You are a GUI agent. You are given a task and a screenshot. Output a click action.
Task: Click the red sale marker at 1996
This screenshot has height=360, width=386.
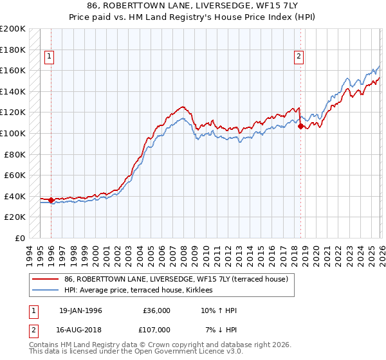pos(51,200)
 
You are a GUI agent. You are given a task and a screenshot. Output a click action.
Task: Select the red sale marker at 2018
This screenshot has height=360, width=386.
pos(300,127)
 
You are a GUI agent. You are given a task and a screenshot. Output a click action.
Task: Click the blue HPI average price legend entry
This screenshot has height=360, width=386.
pos(143,291)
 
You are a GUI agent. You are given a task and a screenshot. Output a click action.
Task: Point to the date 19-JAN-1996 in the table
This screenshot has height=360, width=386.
pos(80,310)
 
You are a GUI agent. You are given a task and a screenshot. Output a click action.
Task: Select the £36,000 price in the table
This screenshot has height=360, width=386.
pos(156,310)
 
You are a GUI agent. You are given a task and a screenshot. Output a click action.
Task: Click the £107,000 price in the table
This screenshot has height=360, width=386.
pos(156,330)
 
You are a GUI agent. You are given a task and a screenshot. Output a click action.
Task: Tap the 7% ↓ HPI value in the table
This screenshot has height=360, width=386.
pos(220,330)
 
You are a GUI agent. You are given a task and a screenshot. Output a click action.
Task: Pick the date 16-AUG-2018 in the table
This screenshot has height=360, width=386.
pos(80,330)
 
